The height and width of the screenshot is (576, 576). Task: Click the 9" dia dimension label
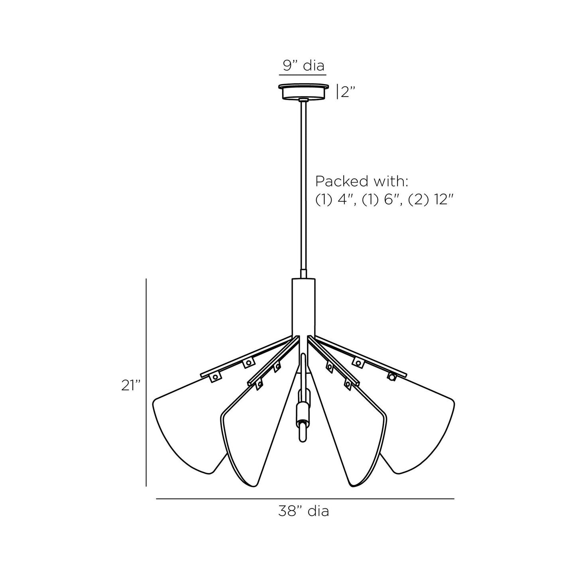pyautogui.click(x=304, y=65)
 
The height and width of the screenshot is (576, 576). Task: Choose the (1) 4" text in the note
pyautogui.click(x=336, y=200)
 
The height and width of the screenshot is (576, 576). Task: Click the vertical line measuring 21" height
pyautogui.click(x=146, y=383)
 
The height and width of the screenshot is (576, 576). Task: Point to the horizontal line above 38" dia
pyautogui.click(x=305, y=499)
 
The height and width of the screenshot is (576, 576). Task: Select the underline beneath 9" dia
pyautogui.click(x=304, y=75)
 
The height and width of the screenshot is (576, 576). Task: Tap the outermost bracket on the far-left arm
pyautogui.click(x=215, y=377)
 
